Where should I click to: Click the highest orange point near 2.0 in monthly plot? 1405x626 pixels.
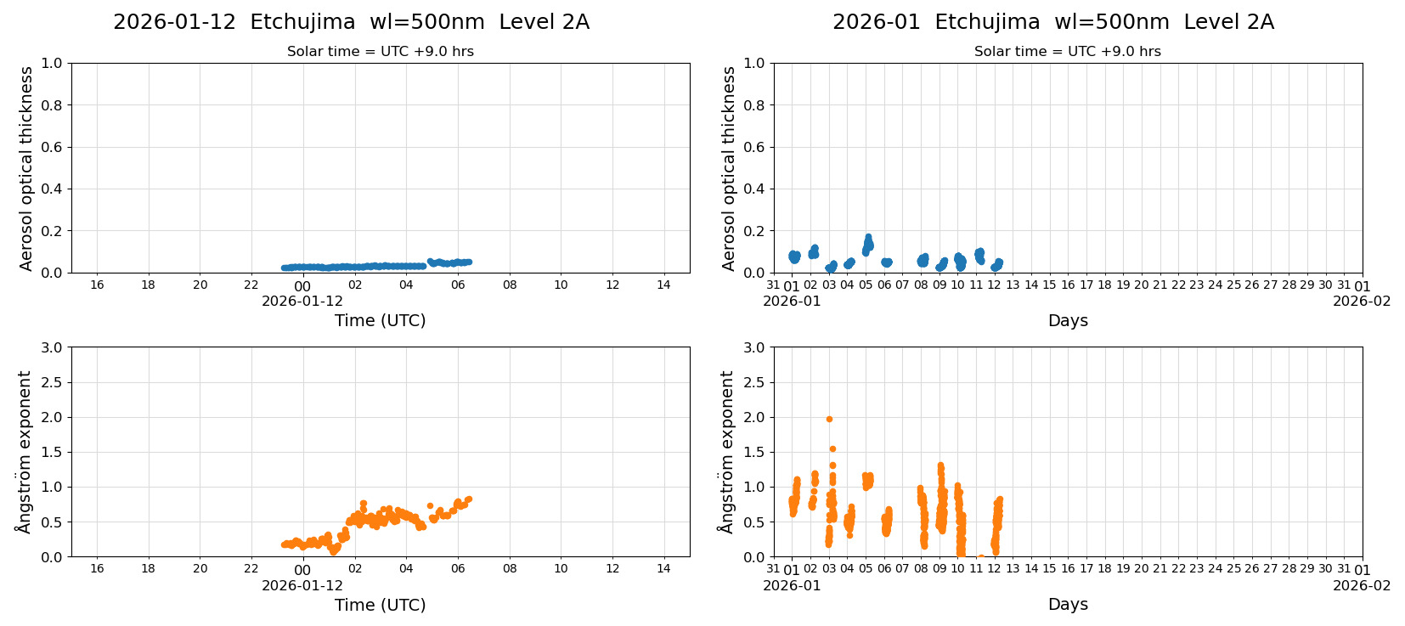point(829,419)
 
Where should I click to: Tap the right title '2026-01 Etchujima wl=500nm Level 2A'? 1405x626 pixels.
point(1052,22)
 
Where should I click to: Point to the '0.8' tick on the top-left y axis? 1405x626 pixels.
point(52,105)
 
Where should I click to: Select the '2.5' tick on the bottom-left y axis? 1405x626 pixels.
point(52,382)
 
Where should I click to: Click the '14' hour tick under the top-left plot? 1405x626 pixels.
point(663,285)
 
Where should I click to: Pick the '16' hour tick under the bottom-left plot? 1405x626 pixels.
point(97,569)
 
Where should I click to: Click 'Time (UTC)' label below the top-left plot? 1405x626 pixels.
point(380,321)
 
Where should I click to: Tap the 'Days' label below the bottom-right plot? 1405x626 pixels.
point(1067,605)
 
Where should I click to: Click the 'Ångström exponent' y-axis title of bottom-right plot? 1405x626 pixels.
point(726,452)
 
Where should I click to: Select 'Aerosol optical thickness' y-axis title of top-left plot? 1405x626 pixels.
point(26,168)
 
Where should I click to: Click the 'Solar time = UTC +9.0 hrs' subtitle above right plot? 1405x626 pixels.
point(1067,52)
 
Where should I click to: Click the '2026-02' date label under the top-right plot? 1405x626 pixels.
point(1361,302)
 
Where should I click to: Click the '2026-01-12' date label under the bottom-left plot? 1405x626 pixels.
point(302,586)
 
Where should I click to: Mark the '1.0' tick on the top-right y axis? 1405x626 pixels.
point(754,63)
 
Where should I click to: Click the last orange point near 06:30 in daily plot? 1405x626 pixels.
point(468,499)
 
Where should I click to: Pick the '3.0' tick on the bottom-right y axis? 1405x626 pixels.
point(754,347)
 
